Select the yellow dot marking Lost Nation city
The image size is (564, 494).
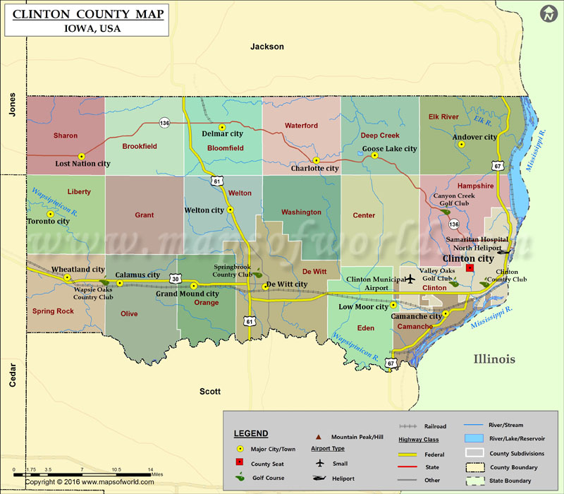click(82, 156)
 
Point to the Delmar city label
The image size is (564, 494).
click(223, 133)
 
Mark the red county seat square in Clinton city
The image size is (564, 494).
click(470, 268)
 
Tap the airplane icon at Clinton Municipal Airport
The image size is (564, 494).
click(408, 279)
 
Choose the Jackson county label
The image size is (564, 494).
click(267, 47)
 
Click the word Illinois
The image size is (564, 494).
click(494, 359)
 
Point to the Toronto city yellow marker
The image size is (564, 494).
click(50, 213)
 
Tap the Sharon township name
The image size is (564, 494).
click(65, 135)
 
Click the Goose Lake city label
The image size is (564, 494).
click(389, 149)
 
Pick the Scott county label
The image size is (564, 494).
click(210, 392)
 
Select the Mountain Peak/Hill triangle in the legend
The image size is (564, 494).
click(318, 437)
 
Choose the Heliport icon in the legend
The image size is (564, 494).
click(320, 478)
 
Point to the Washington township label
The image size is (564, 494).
click(301, 212)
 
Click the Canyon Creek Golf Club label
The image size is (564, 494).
click(450, 200)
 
